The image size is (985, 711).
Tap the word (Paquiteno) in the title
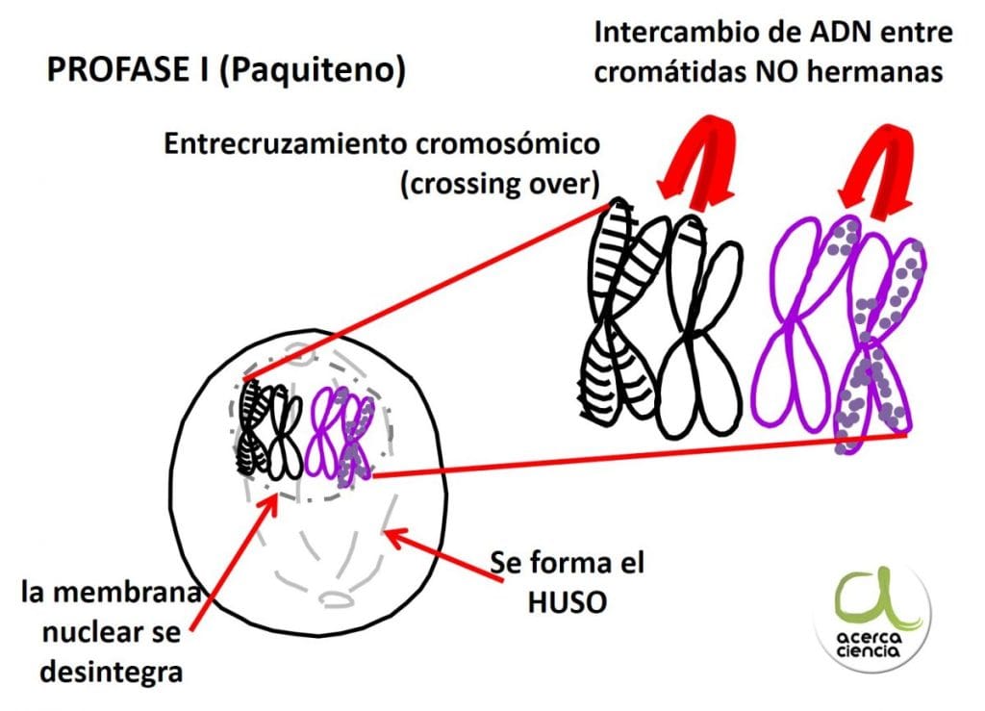(313, 70)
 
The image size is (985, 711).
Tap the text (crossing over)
(500, 184)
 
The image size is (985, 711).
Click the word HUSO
(568, 602)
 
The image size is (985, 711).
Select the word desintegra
(112, 672)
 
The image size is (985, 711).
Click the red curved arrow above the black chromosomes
(697, 164)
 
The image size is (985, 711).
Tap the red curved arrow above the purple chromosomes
(877, 168)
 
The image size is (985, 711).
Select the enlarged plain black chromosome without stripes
(698, 326)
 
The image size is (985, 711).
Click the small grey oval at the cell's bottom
(338, 597)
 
